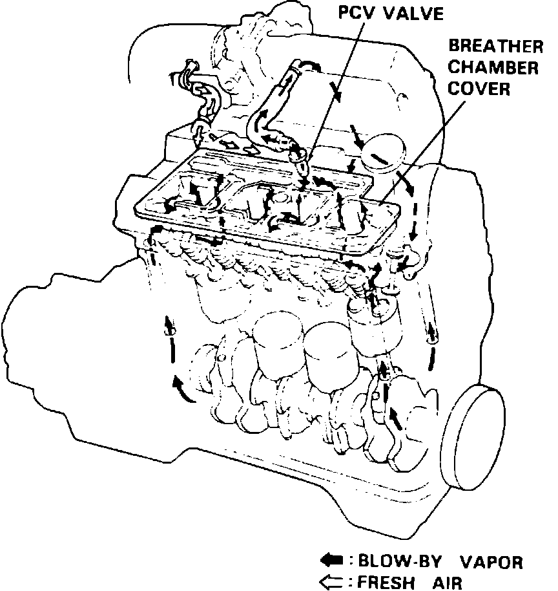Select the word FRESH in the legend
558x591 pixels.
[386, 582]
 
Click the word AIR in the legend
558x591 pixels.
[448, 582]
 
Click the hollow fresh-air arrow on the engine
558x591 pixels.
[229, 142]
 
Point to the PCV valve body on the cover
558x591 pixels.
[298, 157]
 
